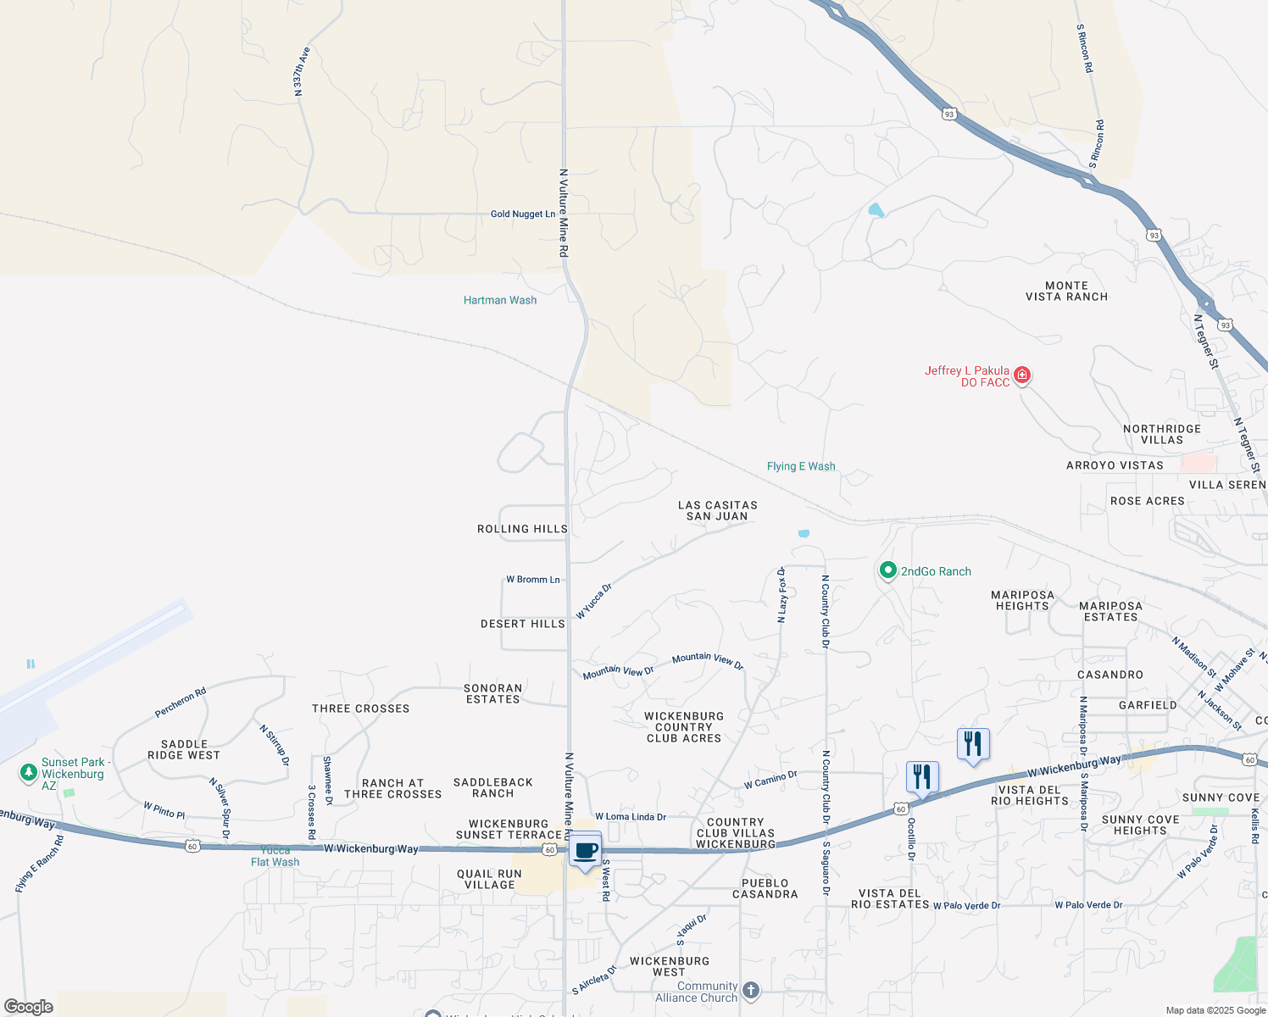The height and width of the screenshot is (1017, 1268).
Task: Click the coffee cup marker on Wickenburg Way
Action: pos(585,850)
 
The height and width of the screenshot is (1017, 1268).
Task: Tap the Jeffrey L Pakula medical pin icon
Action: pos(1022,375)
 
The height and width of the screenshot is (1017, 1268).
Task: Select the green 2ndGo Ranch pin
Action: pos(887,570)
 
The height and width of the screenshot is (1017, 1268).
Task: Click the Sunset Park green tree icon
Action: pos(29,772)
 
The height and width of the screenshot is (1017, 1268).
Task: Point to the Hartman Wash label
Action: pos(500,300)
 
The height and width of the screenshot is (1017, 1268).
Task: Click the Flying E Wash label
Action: pos(801,466)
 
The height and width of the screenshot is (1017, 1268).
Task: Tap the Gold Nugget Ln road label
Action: pos(523,214)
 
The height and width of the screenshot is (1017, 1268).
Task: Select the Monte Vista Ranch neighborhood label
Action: pos(1066,292)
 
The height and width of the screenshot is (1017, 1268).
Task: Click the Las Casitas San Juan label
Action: pos(717,510)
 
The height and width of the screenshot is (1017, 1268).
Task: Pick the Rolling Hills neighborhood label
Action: pos(522,529)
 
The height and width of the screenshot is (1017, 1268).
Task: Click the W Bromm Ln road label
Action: pos(533,580)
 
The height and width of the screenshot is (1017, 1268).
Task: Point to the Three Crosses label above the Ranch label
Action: pos(360,709)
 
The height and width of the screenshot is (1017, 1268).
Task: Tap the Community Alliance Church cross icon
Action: pos(751,990)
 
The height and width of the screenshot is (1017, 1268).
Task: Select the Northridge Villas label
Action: pos(1161,434)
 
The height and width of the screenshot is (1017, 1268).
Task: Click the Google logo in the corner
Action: pos(29,1007)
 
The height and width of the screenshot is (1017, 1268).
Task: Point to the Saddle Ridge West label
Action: pos(184,750)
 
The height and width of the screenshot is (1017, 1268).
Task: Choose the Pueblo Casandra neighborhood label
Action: pos(765,888)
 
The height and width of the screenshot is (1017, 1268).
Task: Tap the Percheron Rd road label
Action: pos(181,703)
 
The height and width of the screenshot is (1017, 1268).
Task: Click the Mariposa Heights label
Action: pos(1022,600)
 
